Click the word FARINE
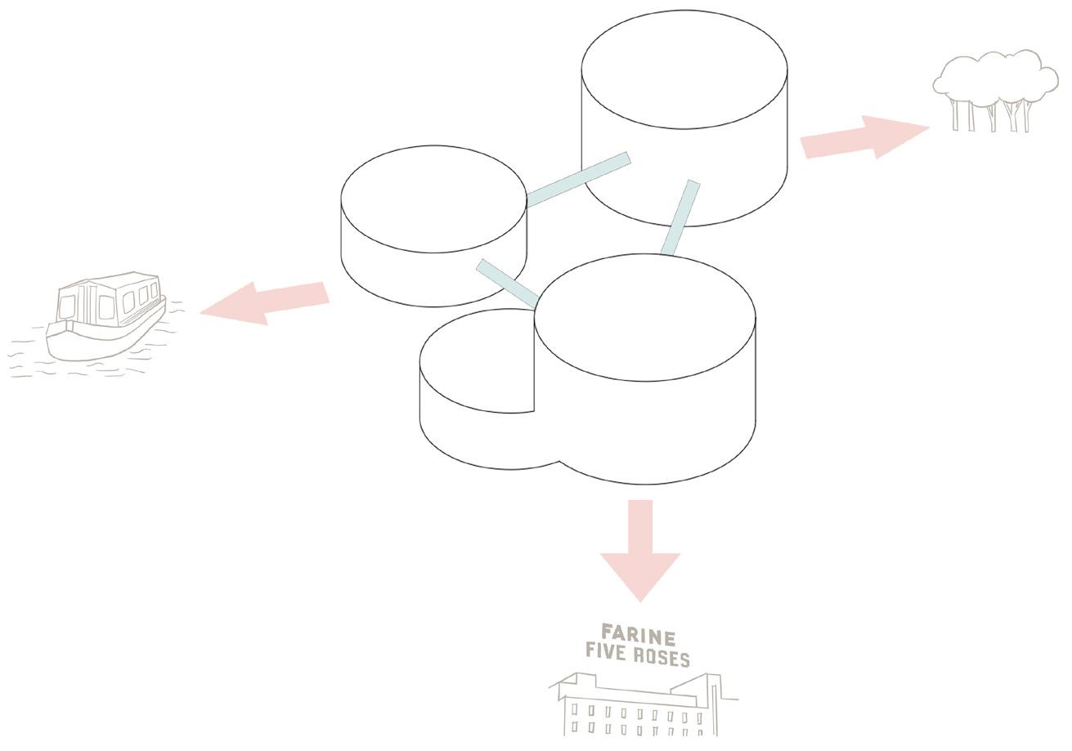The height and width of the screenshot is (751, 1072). [x=638, y=635]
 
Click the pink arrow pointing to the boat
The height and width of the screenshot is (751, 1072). [x=266, y=302]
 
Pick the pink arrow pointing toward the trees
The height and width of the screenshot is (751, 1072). [x=863, y=137]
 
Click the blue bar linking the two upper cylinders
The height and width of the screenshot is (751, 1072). [x=579, y=180]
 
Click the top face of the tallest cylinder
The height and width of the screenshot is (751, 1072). [x=684, y=69]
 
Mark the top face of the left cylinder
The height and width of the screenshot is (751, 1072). [x=433, y=199]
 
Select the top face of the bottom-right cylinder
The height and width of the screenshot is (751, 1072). [x=644, y=317]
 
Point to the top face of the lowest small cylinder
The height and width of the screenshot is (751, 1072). [x=478, y=360]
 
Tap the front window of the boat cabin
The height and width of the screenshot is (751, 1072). [x=67, y=306]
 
